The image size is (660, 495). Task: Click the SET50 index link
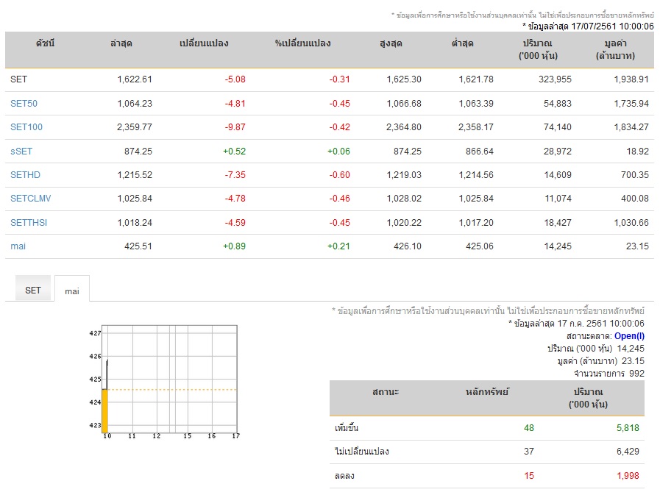click(24, 104)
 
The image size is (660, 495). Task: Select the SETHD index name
click(25, 174)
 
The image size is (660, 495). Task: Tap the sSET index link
click(21, 151)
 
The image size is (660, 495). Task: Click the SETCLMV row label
click(30, 199)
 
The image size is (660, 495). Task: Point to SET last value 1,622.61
click(134, 79)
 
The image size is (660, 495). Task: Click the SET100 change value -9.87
click(235, 127)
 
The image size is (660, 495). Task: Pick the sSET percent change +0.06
click(338, 151)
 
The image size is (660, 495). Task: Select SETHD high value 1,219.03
click(404, 174)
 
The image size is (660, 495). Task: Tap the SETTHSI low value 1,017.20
click(475, 223)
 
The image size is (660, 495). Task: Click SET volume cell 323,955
click(555, 79)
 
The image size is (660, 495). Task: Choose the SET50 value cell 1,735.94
click(631, 104)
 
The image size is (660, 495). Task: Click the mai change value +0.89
click(234, 246)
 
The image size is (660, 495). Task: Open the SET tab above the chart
click(33, 290)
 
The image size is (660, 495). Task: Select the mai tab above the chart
click(72, 291)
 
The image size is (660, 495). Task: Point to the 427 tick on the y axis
click(95, 333)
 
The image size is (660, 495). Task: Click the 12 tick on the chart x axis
click(157, 435)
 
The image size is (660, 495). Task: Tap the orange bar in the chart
click(104, 411)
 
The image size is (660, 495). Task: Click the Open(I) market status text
click(629, 336)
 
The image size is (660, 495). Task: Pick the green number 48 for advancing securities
click(529, 428)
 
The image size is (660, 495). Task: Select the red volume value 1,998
click(628, 476)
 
